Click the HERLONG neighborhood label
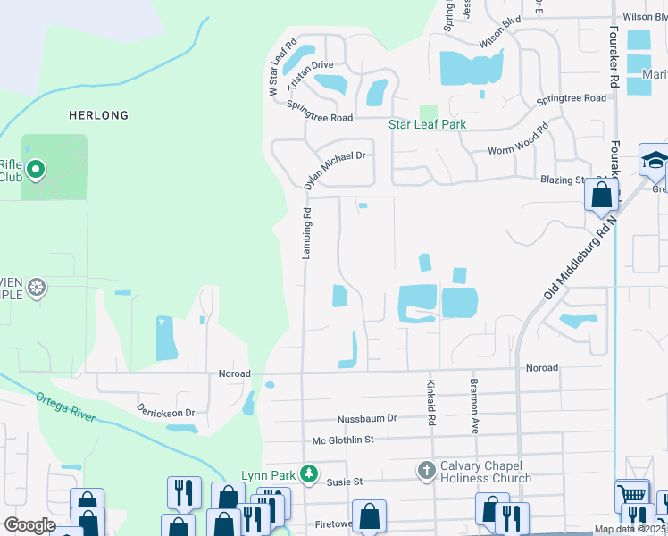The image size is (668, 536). (98, 115)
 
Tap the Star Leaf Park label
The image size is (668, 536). (427, 124)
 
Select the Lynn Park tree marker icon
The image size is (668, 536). (309, 473)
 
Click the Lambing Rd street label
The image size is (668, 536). (306, 234)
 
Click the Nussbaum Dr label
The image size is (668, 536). (366, 418)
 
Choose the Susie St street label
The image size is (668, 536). (345, 482)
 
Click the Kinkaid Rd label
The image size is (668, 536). (430, 400)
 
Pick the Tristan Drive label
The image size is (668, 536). (310, 65)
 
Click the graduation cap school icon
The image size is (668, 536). (655, 161)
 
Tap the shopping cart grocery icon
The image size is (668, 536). (632, 494)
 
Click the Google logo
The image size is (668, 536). (29, 525)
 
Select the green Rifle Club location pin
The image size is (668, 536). (36, 168)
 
